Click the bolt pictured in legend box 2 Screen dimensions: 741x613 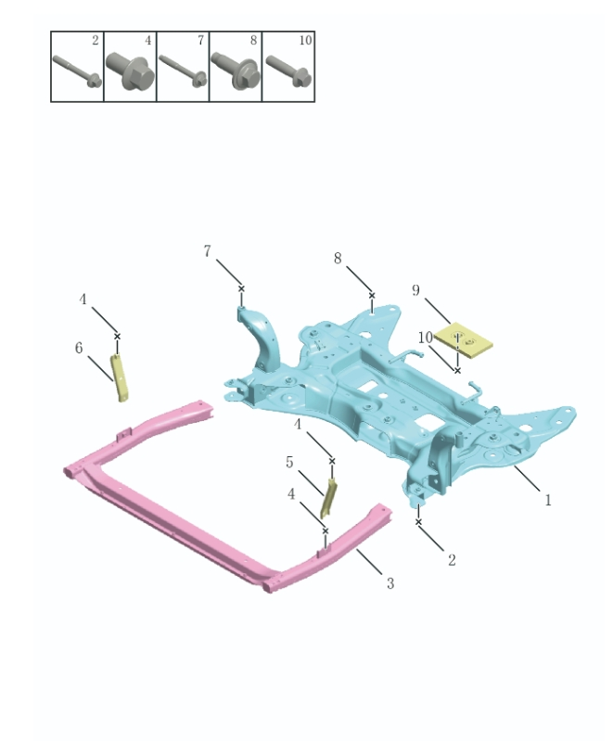76,70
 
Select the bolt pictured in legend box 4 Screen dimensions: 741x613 129,70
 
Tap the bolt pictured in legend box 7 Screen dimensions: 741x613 182,70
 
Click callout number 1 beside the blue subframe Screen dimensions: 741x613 548,500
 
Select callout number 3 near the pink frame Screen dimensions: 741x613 390,583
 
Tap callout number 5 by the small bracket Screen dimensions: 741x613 289,462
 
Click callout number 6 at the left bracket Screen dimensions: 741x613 80,348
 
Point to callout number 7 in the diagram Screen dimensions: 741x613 207,251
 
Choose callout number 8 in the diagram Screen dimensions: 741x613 338,259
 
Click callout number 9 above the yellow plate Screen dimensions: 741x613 416,290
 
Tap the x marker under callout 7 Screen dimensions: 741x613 241,288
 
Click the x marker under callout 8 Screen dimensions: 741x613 372,296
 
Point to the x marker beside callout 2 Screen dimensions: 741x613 418,522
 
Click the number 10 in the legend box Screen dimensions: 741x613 305,41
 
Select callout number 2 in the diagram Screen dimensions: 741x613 452,559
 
